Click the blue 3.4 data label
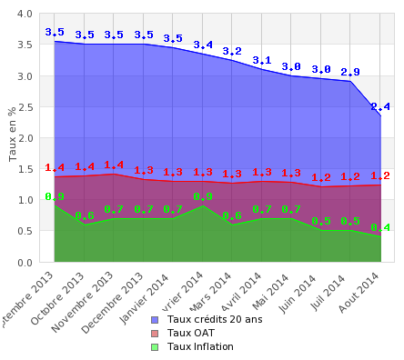pos(203,45)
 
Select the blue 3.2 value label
pos(232,52)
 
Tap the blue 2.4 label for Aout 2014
pos(380,107)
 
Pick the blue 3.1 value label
pos(262,61)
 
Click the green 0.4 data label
pos(380,227)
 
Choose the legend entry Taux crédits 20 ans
pos(215,319)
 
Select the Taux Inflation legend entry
pos(200,346)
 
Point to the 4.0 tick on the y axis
pos(25,15)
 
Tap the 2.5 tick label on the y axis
pos(25,107)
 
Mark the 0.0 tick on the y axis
pos(25,263)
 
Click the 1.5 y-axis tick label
pos(25,169)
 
